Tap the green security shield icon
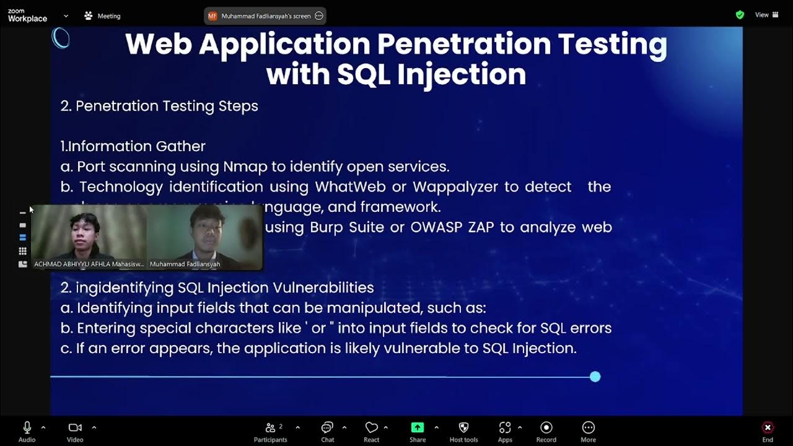point(740,15)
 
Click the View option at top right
point(766,15)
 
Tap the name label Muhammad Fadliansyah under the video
point(185,264)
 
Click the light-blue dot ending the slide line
point(595,377)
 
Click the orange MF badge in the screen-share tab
point(212,16)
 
